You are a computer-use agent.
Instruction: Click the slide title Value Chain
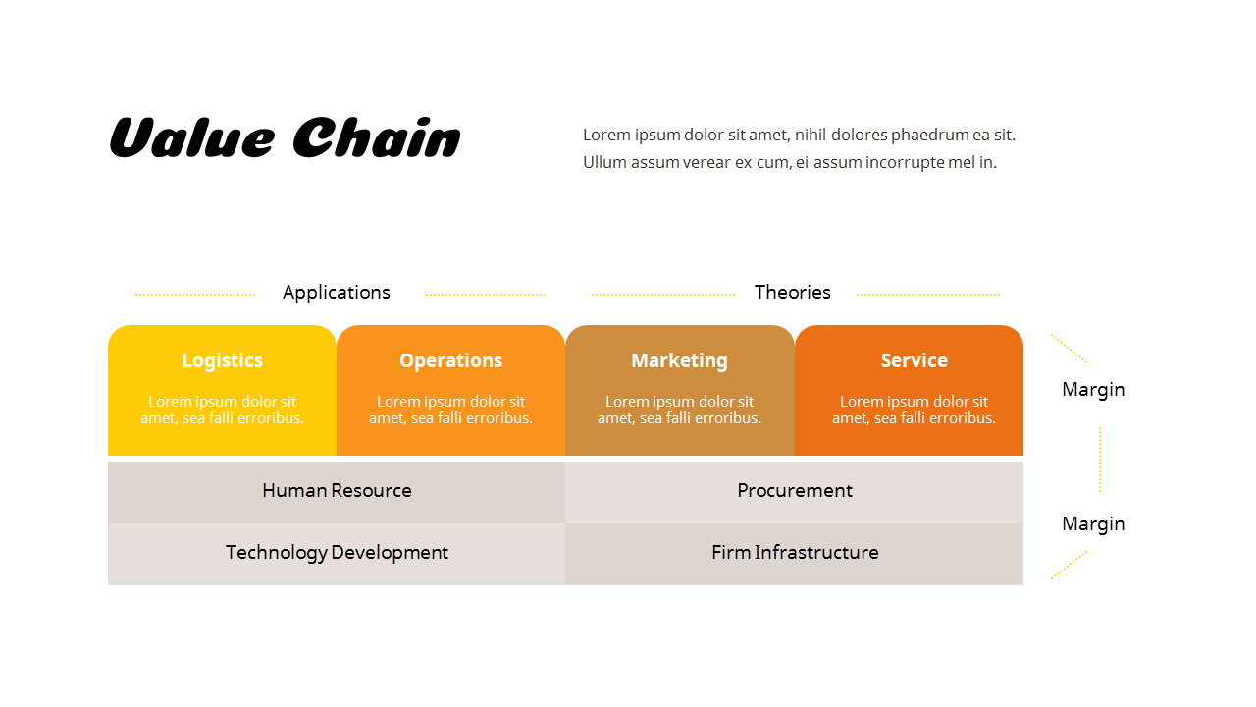coord(284,137)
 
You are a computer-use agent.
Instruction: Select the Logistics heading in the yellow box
coord(223,360)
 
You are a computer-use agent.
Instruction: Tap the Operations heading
coord(450,360)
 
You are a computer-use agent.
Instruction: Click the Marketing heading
coord(679,360)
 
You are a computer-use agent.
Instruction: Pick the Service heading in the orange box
coord(914,360)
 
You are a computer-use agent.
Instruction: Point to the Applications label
coord(337,292)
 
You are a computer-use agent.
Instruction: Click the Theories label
coord(792,292)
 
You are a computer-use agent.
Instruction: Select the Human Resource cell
coord(337,490)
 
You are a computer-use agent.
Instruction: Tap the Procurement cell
coord(794,490)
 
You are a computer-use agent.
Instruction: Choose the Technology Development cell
coord(337,552)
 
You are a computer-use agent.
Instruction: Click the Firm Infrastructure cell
coord(794,552)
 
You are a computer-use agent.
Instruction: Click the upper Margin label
coord(1093,389)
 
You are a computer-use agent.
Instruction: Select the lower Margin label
coord(1093,523)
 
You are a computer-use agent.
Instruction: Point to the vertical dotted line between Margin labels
coord(1100,459)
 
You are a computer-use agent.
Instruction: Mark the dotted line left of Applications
coord(195,294)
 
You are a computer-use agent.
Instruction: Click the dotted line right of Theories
coord(927,294)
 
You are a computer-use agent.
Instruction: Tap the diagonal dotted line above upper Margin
coord(1069,348)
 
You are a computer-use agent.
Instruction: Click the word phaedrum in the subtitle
coord(929,135)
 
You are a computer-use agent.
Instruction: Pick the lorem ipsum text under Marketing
coord(679,409)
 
